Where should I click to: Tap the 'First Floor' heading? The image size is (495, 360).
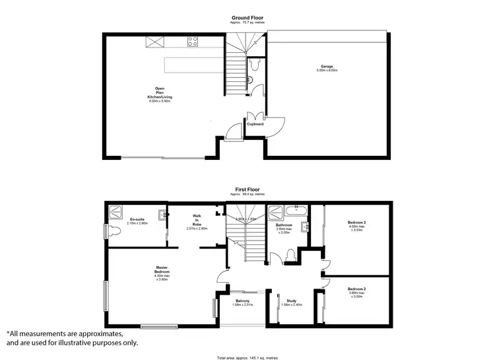[247, 188]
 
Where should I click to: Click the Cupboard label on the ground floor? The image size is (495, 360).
[255, 124]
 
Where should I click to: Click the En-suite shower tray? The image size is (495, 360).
[115, 211]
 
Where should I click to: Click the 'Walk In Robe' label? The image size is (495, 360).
[196, 221]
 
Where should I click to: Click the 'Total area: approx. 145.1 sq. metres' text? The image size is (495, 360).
[247, 357]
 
